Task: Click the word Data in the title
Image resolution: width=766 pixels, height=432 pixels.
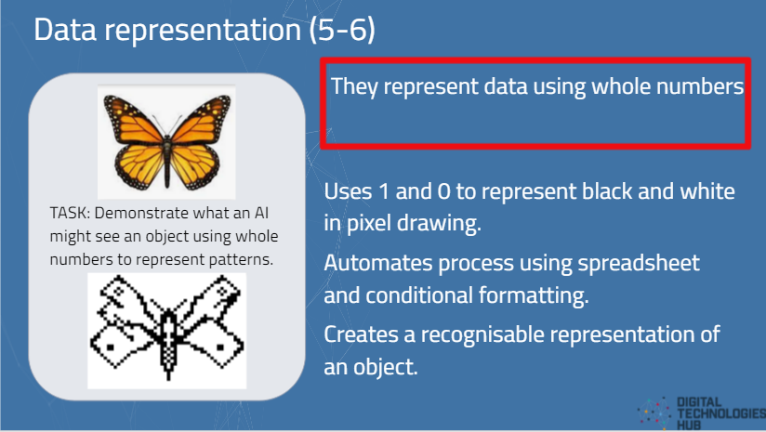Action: point(65,30)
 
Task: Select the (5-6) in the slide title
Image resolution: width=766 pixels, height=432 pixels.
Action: point(342,31)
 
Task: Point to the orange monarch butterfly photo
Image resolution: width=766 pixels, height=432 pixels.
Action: point(166,142)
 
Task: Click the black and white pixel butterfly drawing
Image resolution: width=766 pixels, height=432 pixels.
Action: point(167,331)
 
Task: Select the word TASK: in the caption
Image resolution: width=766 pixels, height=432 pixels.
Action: point(70,213)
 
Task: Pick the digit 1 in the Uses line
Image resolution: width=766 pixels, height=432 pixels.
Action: point(384,190)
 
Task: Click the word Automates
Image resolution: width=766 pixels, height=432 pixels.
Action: point(377,263)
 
